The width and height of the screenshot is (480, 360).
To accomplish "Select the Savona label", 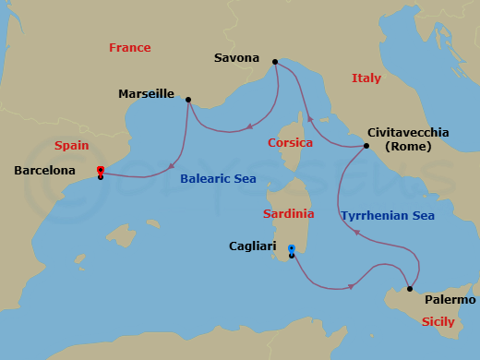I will [237, 56].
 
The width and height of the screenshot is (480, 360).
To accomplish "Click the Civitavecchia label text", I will [408, 132].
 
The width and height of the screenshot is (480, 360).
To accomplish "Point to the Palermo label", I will [450, 300].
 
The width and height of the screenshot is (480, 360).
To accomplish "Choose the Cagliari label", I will [254, 246].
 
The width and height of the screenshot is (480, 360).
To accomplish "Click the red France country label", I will [129, 47].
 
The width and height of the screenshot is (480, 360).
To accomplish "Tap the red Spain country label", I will [71, 146].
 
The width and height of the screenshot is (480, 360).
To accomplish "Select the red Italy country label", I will [366, 79].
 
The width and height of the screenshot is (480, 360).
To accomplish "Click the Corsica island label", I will [290, 143].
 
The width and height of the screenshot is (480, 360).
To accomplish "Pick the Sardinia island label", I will [288, 213].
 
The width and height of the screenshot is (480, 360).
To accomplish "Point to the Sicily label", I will [438, 322].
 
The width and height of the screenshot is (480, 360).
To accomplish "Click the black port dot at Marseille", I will [188, 100].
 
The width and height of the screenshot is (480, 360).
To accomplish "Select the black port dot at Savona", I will [274, 62].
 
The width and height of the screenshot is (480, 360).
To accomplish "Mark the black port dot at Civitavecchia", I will [366, 146].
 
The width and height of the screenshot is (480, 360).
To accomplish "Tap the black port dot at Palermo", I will [410, 289].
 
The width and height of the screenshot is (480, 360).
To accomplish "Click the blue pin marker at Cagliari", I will [292, 248].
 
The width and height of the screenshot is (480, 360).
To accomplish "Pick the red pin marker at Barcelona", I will [100, 170].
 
